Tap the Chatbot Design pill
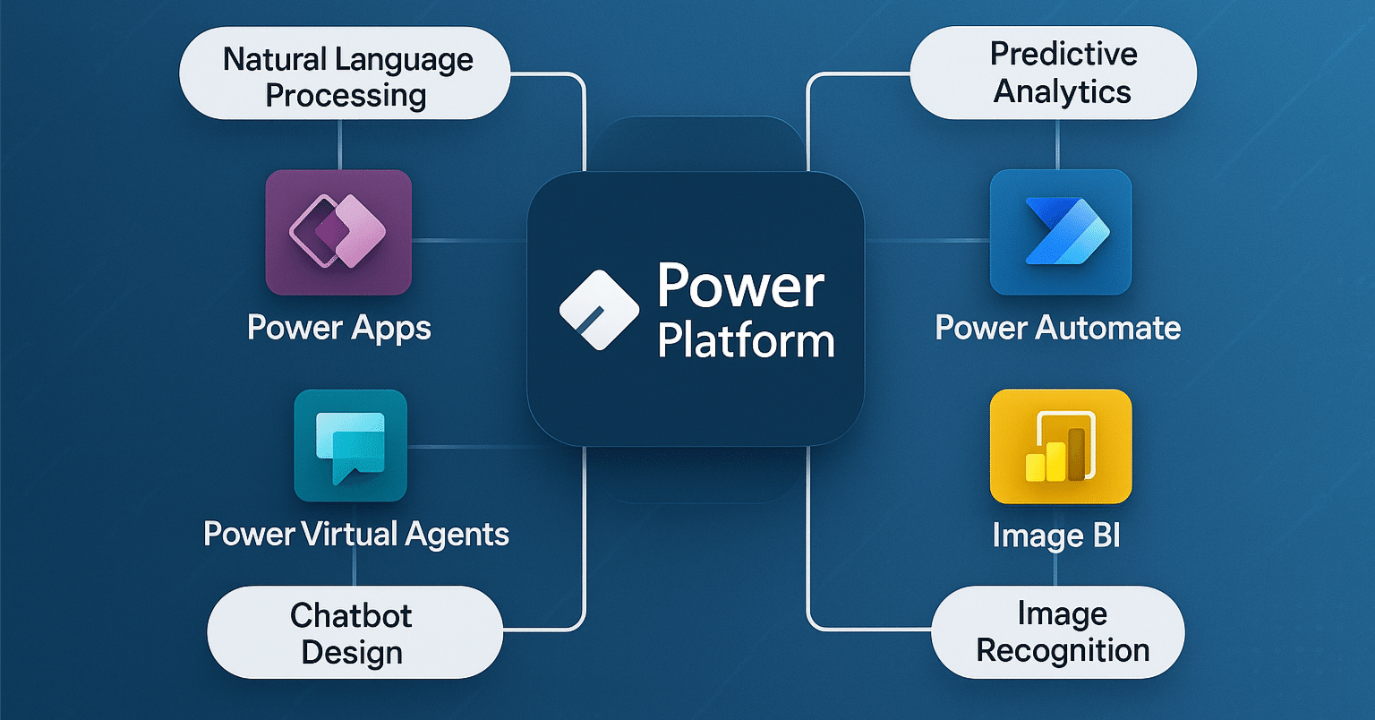(x=354, y=632)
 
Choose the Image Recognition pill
(x=1058, y=632)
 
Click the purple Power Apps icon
(x=338, y=232)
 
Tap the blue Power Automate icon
(x=1061, y=232)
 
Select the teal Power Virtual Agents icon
(x=350, y=445)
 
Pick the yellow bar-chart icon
(x=1061, y=446)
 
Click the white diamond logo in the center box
(x=599, y=310)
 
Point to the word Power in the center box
(x=740, y=287)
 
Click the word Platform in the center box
(x=746, y=342)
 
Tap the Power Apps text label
(x=339, y=328)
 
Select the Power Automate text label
(x=1058, y=328)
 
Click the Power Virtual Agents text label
(x=356, y=535)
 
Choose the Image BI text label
(x=1056, y=536)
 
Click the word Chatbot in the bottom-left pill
(x=351, y=615)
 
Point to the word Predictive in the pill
(x=1063, y=55)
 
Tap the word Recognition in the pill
(x=1063, y=650)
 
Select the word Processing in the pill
(x=346, y=95)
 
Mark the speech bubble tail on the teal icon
(x=340, y=476)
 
